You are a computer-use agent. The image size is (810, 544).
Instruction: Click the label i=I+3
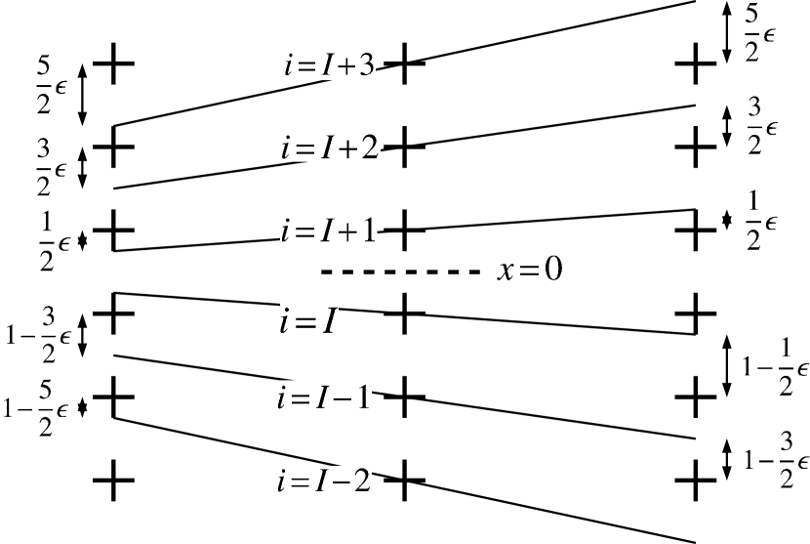coord(327,65)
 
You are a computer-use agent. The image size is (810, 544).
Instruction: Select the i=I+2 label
coord(329,147)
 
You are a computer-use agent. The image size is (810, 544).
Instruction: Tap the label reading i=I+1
coord(328,230)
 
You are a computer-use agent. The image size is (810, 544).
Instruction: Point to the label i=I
coord(308,320)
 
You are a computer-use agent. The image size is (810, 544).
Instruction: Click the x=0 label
coord(530,269)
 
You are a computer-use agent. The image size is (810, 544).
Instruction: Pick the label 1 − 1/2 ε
coord(775,365)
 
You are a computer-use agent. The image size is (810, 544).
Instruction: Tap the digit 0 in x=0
coord(553,270)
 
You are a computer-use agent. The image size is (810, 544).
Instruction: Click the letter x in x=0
coord(506,271)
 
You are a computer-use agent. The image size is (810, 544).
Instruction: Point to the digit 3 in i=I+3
coord(366,66)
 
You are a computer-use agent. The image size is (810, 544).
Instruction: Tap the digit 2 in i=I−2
coord(361,481)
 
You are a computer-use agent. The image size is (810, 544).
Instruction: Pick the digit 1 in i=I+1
coord(367,230)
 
